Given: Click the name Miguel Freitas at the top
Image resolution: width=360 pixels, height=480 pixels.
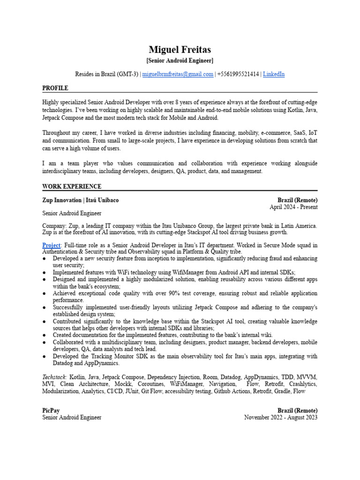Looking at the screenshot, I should pos(180,49).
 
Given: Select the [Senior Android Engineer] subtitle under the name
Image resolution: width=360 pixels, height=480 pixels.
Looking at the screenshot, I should pos(180,60).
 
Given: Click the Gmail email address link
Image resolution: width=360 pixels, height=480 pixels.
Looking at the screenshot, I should pos(178,74).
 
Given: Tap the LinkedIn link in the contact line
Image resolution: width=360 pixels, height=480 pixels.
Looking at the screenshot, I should pos(274,74).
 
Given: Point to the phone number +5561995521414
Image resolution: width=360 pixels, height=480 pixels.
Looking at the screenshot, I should pos(238,74).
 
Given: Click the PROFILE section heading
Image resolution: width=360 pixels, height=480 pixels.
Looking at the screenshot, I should pos(55,88).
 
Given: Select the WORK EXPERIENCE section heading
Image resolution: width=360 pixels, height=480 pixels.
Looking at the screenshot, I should pos(72,187).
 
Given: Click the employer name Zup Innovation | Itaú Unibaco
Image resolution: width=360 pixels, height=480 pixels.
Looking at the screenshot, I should pos(80,200).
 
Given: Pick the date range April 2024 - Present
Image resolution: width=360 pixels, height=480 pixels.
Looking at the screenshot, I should pos(293,207).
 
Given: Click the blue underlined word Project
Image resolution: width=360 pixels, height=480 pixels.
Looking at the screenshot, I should pos(51,245).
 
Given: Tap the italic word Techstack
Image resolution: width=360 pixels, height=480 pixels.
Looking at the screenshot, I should pos(55,377).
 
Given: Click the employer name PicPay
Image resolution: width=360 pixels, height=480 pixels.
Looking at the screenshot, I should pos(51,411).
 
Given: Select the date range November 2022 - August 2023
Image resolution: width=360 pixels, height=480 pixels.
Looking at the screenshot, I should pos(281,417).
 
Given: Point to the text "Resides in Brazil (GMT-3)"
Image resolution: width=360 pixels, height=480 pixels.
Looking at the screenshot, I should pos(107,74).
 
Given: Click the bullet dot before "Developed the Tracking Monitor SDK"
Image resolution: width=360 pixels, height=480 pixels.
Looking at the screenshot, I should pos(44,357).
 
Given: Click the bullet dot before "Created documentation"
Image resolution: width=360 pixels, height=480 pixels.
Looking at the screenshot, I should pos(44,336).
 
